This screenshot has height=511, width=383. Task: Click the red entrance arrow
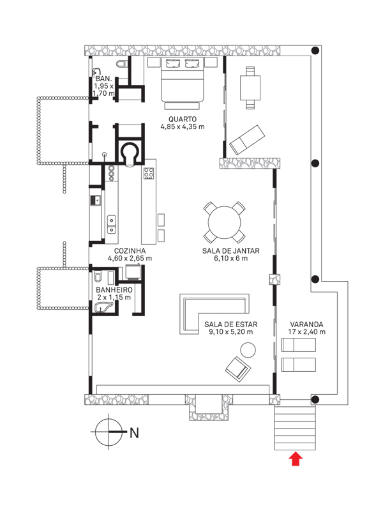[x=296, y=459]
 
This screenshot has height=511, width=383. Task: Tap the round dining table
[x=225, y=223]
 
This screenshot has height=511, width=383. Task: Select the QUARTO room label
[x=183, y=119]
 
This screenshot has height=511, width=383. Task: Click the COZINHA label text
[x=130, y=251]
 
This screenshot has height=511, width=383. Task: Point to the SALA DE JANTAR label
[x=230, y=251]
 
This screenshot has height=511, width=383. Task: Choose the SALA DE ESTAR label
[x=230, y=324]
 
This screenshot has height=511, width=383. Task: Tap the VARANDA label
[x=306, y=324]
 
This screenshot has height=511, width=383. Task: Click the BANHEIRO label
[x=114, y=290]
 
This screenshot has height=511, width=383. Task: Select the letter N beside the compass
[x=134, y=433]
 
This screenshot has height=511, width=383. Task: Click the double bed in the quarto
[x=183, y=83]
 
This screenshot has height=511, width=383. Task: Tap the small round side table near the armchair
[x=248, y=350]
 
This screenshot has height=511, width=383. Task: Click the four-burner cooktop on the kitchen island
[x=149, y=173]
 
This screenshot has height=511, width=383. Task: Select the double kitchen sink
[x=111, y=225]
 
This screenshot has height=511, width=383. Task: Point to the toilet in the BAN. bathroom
[x=122, y=63]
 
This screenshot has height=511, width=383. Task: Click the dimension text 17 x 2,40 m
[x=306, y=332]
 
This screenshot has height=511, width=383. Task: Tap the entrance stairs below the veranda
[x=295, y=428]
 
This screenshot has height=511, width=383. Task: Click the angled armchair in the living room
[x=238, y=369]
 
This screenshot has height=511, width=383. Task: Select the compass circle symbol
[x=109, y=432]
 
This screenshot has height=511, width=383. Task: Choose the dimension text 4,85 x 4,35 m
[x=183, y=126]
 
